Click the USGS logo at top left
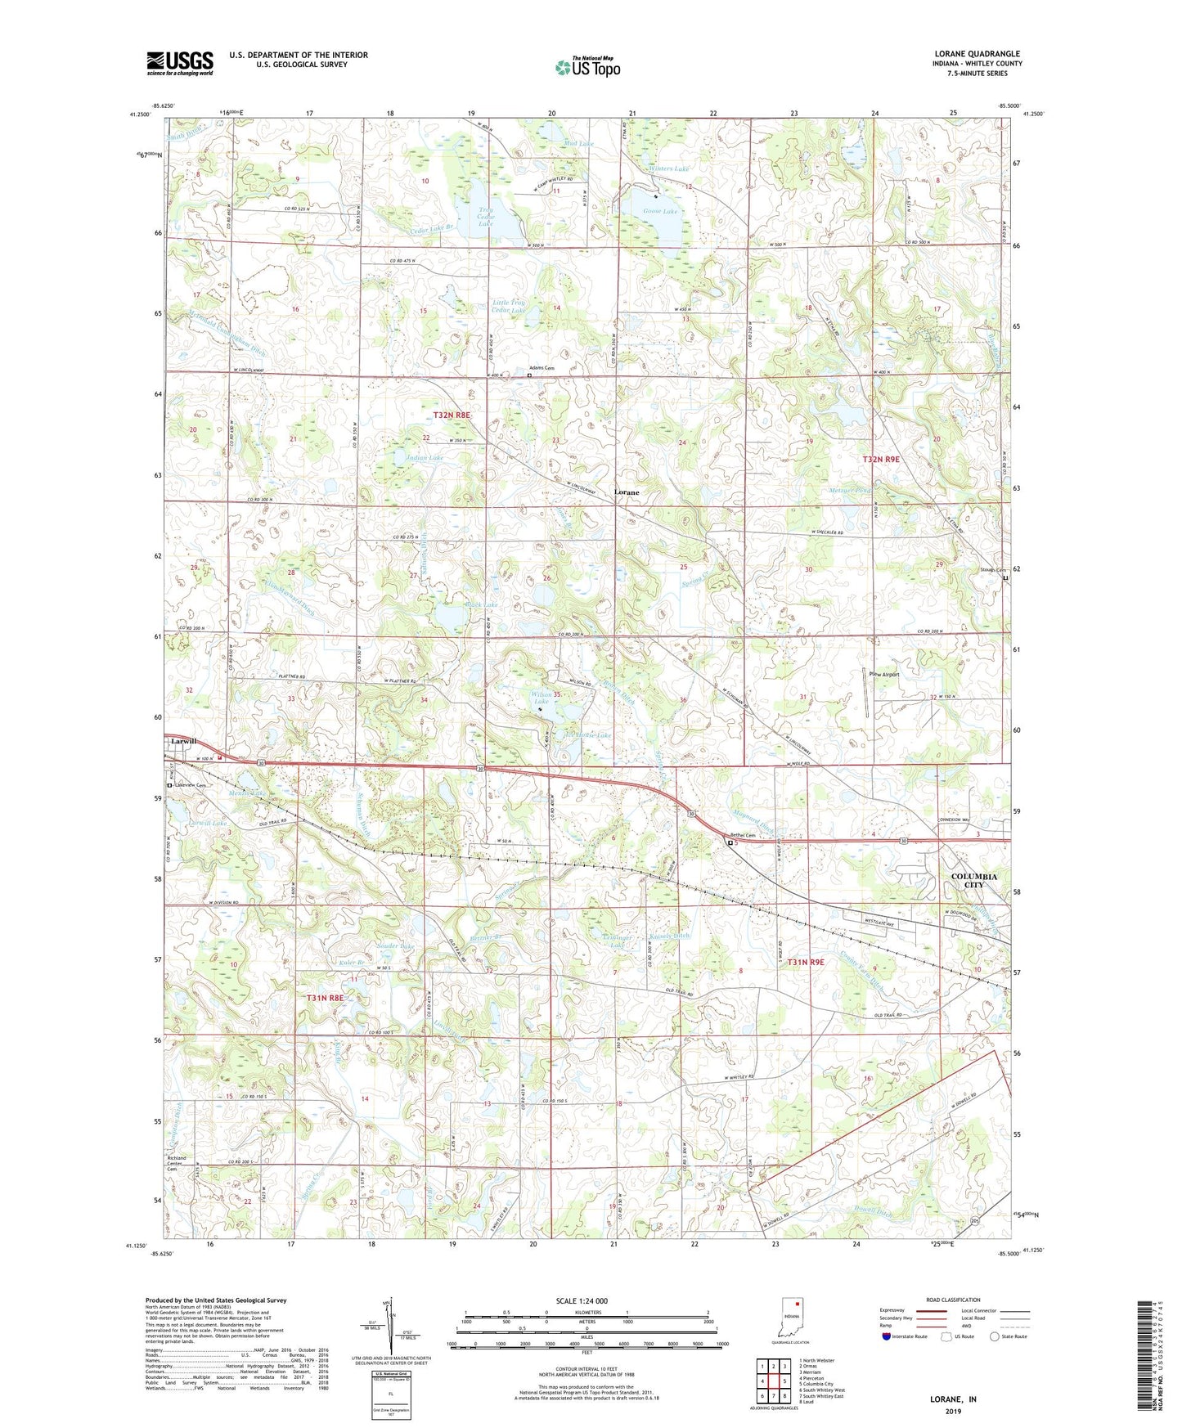pos(179,63)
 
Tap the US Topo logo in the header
pos(587,67)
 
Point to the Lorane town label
pos(627,492)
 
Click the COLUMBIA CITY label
pos(973,880)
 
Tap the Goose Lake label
pos(661,211)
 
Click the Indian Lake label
pos(425,457)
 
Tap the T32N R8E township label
pos(452,415)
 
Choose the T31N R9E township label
pos(806,963)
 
